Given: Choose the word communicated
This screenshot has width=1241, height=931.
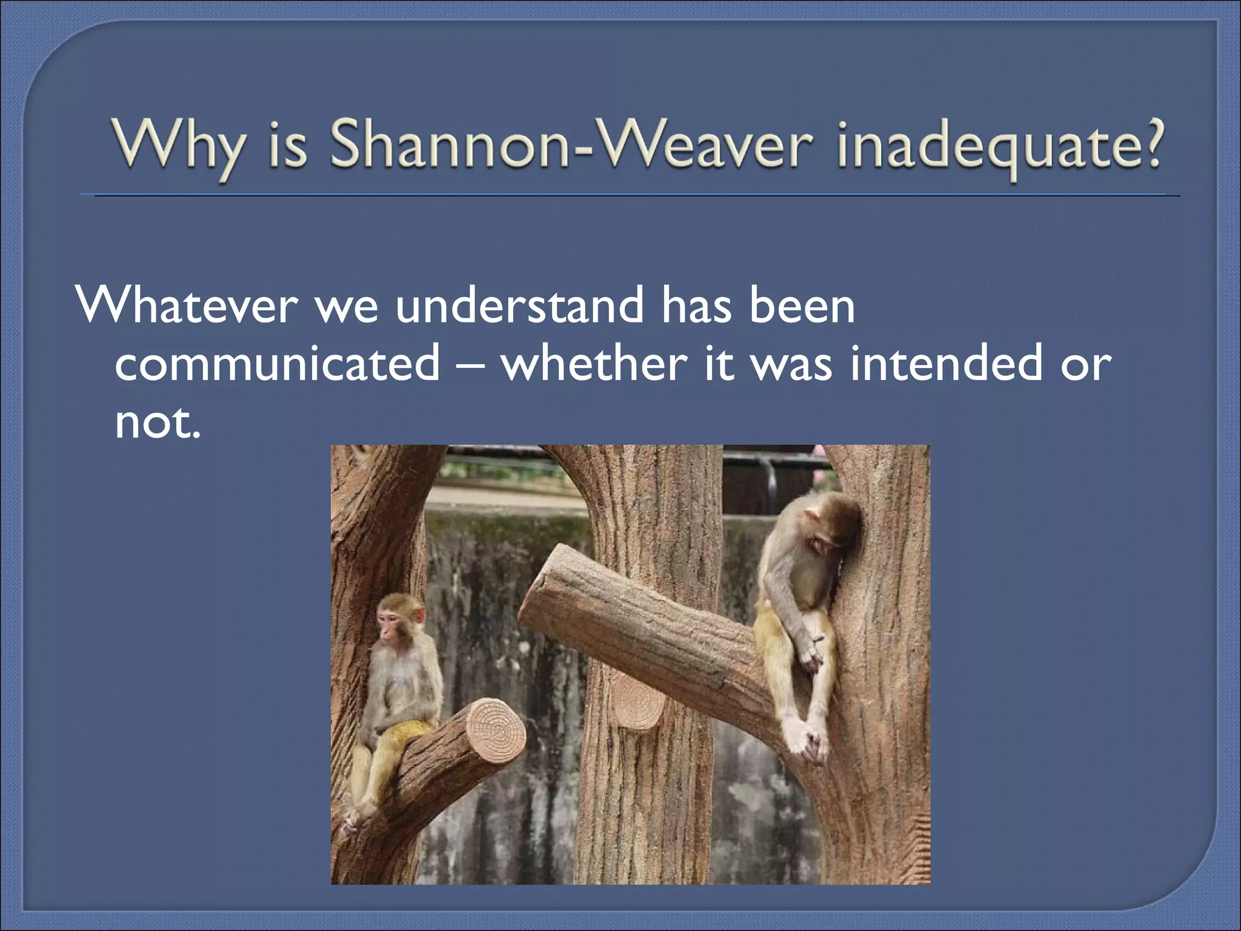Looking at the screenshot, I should (278, 364).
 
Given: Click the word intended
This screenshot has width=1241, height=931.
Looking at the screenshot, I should (945, 364).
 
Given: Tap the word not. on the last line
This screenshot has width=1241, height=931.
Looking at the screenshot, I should (156, 422).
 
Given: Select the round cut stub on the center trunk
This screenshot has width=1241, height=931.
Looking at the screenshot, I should (637, 703).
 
